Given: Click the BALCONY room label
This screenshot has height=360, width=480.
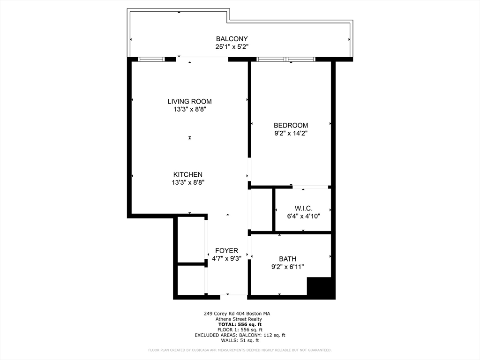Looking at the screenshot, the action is point(232,39).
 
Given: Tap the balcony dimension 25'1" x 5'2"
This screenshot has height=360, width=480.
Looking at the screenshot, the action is point(232,47).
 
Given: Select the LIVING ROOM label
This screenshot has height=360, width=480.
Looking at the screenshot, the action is point(189,101).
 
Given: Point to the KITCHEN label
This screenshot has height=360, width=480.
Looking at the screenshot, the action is point(187,174).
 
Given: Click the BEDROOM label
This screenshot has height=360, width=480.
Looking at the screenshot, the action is point(291,125).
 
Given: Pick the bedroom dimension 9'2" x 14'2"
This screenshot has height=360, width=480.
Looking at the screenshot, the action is point(291,133).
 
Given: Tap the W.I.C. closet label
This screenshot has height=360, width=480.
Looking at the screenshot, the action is point(303,208).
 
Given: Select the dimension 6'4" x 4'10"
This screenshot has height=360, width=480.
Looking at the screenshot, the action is point(303,216).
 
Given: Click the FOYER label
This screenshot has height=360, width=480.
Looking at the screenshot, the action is point(226,250).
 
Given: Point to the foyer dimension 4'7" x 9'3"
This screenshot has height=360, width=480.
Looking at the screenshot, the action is point(226,258).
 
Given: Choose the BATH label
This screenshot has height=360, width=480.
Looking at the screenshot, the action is point(287,259).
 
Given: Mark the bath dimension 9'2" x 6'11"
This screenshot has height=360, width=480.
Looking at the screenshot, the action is point(287,267).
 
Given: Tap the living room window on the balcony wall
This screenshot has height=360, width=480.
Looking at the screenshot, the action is point(151,60).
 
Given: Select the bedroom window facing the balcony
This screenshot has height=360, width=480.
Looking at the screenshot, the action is point(286,60).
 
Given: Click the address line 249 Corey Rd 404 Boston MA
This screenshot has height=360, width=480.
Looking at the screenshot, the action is point(237,314).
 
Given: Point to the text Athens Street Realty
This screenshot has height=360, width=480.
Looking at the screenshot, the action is point(239,319).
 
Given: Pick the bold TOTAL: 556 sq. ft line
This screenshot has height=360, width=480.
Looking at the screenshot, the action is point(240,324).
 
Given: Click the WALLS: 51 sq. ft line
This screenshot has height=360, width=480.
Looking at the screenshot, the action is point(240,340).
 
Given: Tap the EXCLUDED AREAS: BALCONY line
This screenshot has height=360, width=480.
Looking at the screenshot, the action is point(240,335).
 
